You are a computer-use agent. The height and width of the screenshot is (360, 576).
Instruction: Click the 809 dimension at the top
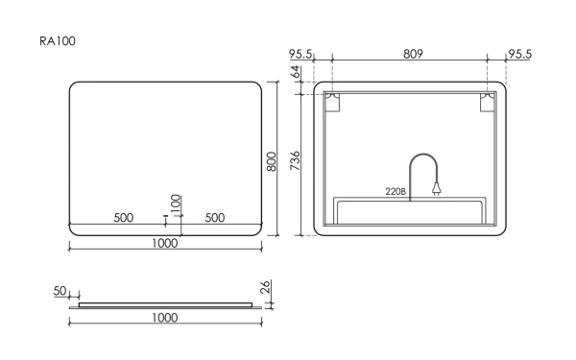coord(411,54)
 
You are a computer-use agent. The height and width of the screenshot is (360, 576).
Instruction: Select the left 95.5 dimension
coord(302,54)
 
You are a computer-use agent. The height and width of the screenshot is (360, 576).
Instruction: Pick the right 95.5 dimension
coord(519,54)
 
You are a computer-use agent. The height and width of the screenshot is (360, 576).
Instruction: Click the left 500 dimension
coord(123,217)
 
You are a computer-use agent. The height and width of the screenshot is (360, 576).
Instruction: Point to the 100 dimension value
coord(176,203)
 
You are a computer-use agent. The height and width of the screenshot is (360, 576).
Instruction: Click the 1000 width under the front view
coord(165,243)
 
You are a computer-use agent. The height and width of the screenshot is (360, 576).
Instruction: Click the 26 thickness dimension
coord(265,287)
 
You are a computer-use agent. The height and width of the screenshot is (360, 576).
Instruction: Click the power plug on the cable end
coord(436,190)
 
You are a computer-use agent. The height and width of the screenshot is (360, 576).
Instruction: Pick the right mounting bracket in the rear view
coord(490,103)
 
